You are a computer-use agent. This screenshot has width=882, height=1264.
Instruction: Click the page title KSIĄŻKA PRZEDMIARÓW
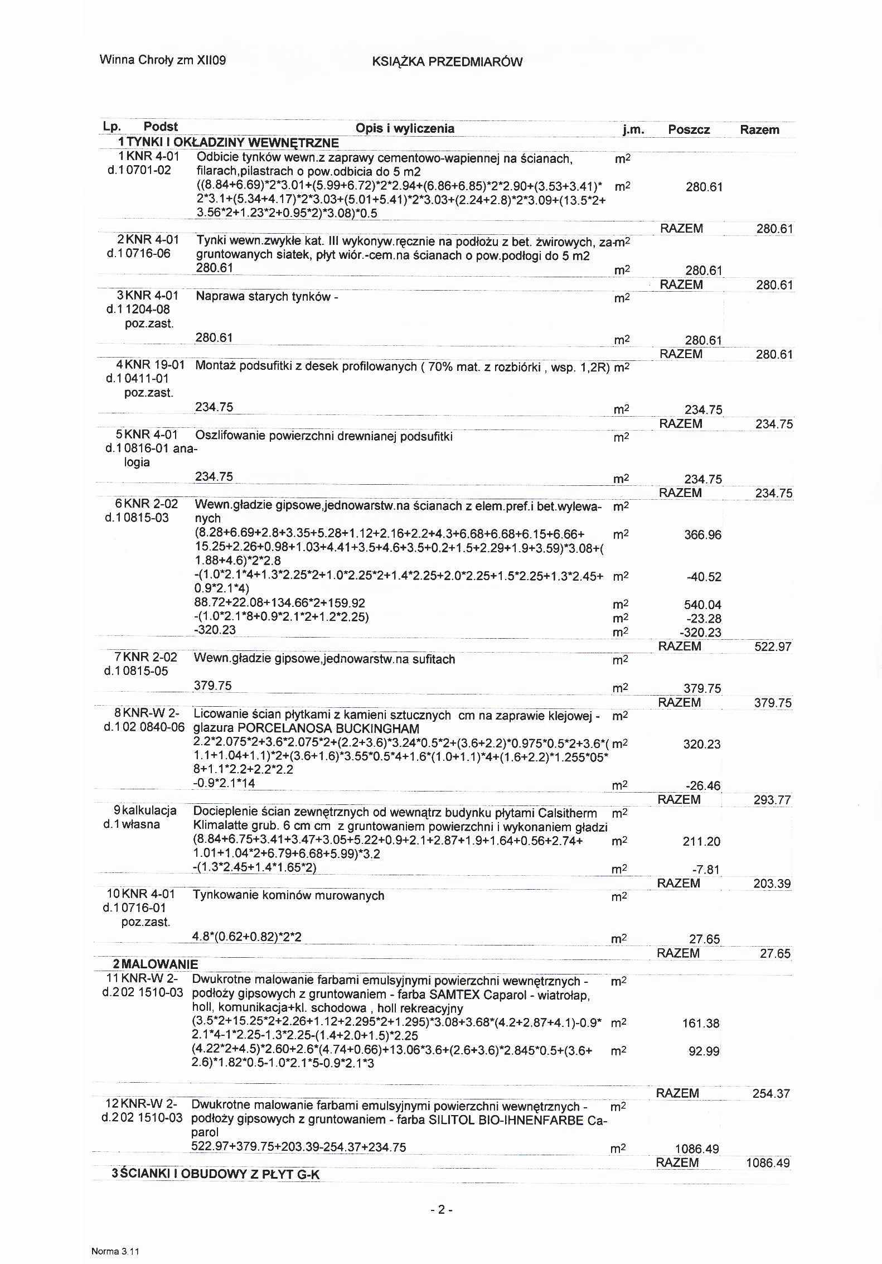pyautogui.click(x=447, y=62)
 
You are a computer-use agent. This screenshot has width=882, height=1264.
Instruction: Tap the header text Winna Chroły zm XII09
pyautogui.click(x=163, y=60)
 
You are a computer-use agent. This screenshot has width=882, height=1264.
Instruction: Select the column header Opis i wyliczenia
pyautogui.click(x=405, y=129)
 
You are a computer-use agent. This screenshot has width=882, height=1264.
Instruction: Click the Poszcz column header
pyautogui.click(x=689, y=130)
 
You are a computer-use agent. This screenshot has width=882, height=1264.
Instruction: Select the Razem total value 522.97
pyautogui.click(x=773, y=647)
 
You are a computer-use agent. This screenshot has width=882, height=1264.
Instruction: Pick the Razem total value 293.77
pyautogui.click(x=772, y=800)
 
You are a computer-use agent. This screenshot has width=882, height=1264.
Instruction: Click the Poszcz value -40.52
pyautogui.click(x=704, y=577)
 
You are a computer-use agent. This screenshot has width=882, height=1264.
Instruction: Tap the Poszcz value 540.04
pyautogui.click(x=702, y=605)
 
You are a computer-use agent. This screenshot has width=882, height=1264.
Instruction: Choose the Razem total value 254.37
pyautogui.click(x=771, y=1093)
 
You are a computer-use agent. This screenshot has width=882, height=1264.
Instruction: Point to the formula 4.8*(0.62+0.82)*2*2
pyautogui.click(x=246, y=937)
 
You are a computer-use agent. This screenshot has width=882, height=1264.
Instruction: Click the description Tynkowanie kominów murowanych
pyautogui.click(x=288, y=895)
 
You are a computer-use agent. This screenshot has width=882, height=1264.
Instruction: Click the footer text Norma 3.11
pyautogui.click(x=115, y=1252)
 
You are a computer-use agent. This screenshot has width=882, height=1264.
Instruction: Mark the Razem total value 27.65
pyautogui.click(x=776, y=953)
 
